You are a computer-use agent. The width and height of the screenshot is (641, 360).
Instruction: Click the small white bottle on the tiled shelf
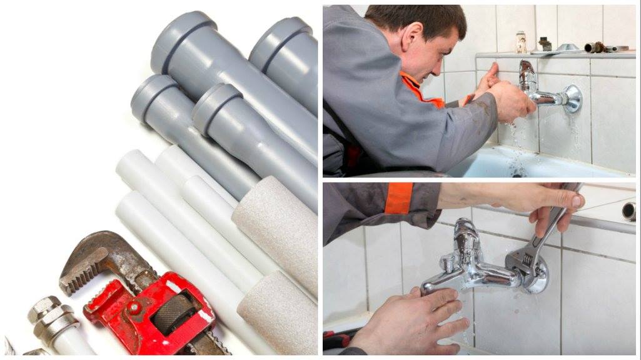pos(521,42)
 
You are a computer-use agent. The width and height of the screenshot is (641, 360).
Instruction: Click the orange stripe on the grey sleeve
pos(398,199)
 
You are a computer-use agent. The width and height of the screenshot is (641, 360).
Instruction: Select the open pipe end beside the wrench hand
pos(628,211)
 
